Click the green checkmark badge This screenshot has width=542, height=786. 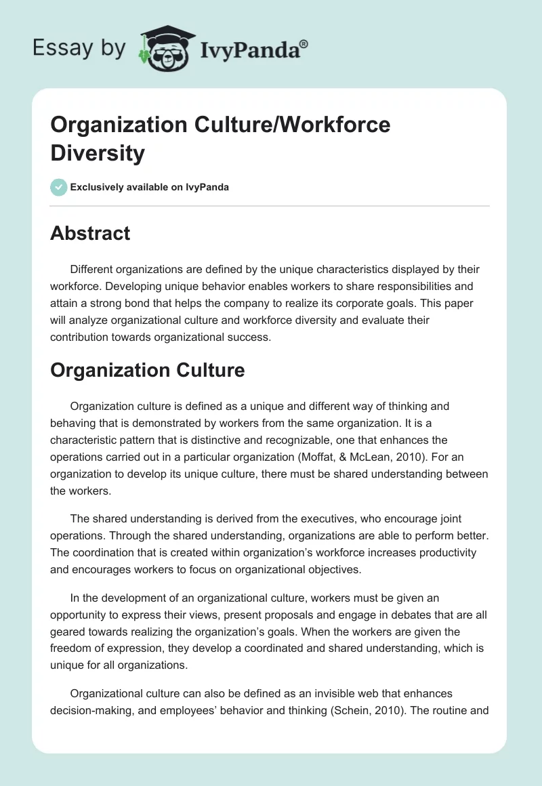click(x=58, y=187)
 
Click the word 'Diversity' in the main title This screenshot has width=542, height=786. click(x=98, y=153)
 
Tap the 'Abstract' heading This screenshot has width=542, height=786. click(x=90, y=233)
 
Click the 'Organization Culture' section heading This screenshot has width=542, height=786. click(x=147, y=370)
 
